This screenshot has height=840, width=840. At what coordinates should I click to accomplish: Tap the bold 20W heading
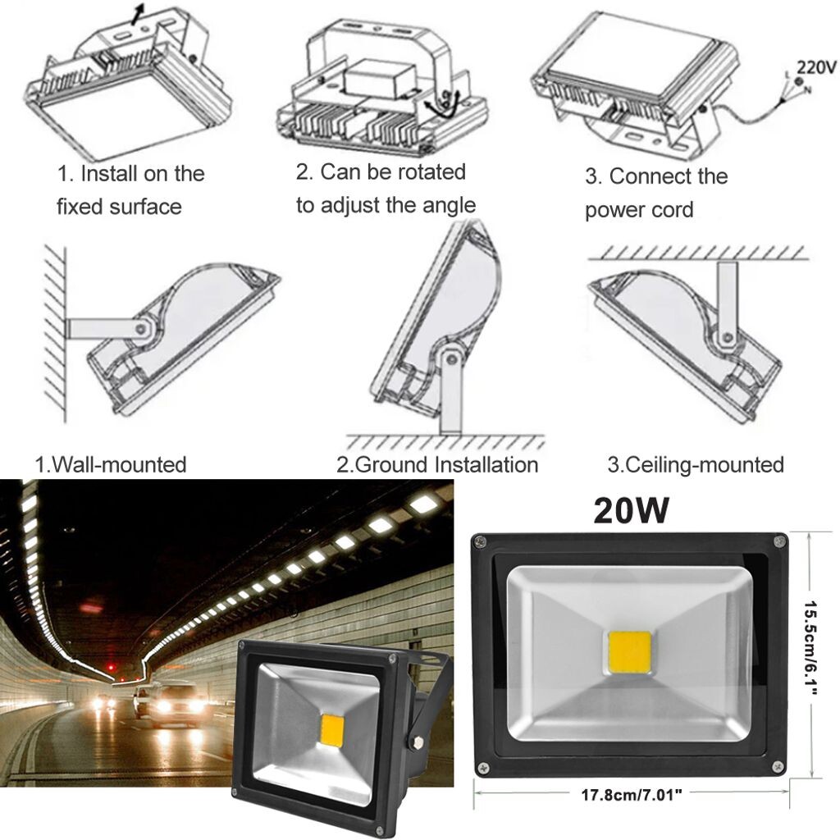[x=631, y=511]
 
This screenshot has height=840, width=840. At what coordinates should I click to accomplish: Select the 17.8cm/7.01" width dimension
[x=632, y=794]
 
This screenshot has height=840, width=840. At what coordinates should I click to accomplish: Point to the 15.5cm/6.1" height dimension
[x=821, y=654]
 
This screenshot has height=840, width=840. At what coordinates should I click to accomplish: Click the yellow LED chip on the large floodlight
[x=630, y=654]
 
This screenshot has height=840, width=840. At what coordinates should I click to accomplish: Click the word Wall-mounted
[x=119, y=465]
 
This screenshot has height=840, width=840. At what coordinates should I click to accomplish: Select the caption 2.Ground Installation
[x=437, y=465]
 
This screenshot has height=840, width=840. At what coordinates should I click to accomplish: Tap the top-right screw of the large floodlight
[x=777, y=541]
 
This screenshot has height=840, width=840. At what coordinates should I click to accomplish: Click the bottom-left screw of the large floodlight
[x=483, y=768]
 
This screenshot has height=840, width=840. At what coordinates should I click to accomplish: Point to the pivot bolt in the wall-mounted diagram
[x=144, y=329]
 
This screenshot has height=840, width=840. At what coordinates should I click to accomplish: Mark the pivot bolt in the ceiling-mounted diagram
[x=727, y=336]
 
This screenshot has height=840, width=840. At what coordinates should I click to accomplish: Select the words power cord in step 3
[x=639, y=210]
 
